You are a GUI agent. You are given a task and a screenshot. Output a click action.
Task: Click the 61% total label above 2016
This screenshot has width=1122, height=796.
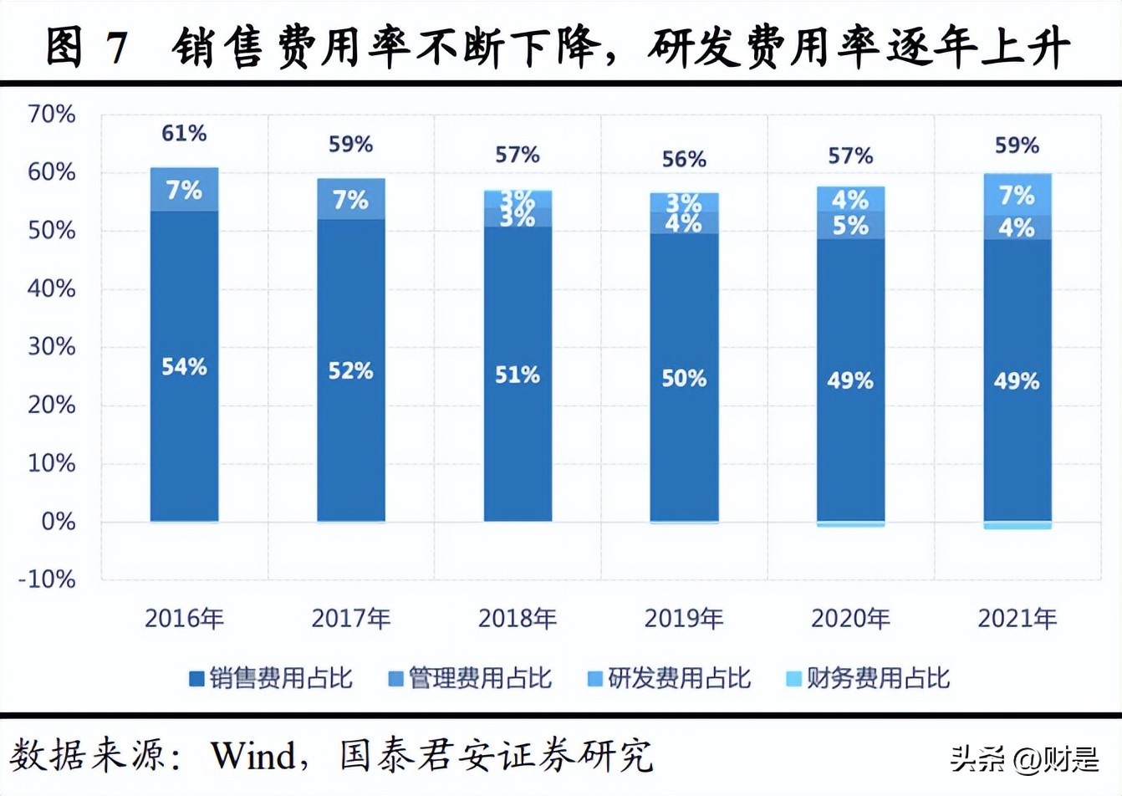click(x=184, y=133)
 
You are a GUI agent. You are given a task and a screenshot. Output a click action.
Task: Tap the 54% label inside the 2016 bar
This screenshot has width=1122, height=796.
click(x=184, y=366)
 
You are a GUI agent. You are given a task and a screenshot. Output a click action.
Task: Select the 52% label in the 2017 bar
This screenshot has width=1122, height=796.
click(x=350, y=370)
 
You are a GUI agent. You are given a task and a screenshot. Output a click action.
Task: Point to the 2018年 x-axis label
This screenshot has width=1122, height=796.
click(x=517, y=619)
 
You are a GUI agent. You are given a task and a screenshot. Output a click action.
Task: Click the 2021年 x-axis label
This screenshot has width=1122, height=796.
click(x=1017, y=619)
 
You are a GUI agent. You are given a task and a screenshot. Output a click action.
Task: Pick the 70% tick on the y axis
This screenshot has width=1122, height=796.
click(x=52, y=115)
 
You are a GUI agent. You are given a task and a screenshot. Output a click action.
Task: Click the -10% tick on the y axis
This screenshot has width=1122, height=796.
click(x=47, y=579)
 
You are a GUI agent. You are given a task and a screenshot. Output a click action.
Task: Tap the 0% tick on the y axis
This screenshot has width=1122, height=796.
click(x=58, y=522)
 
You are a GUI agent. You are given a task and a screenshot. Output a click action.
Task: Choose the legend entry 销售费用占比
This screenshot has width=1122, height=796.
click(x=272, y=678)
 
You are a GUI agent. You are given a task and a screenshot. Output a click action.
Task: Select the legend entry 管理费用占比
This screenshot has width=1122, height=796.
click(x=471, y=678)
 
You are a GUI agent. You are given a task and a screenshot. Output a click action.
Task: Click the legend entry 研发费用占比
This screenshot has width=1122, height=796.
click(x=670, y=678)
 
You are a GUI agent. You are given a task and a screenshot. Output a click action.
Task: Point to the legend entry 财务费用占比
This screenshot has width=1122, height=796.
click(x=869, y=678)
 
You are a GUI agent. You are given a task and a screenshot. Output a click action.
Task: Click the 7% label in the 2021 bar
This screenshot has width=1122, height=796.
click(x=1017, y=196)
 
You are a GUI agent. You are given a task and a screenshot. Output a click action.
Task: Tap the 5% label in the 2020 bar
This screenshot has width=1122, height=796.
click(x=850, y=226)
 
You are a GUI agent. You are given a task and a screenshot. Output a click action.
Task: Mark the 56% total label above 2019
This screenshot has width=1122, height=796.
click(x=684, y=159)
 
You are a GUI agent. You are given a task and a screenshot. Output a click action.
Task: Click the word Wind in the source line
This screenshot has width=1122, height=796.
click(x=253, y=756)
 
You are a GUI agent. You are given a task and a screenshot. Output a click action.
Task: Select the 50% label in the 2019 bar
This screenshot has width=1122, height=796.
click(x=684, y=379)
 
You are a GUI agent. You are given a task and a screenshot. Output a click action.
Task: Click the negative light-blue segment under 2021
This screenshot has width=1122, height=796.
click(x=1017, y=525)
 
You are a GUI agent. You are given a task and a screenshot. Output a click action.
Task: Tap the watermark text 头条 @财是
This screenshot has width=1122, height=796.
click(x=1024, y=759)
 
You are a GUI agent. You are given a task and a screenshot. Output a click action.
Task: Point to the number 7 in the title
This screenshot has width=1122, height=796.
click(x=117, y=47)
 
